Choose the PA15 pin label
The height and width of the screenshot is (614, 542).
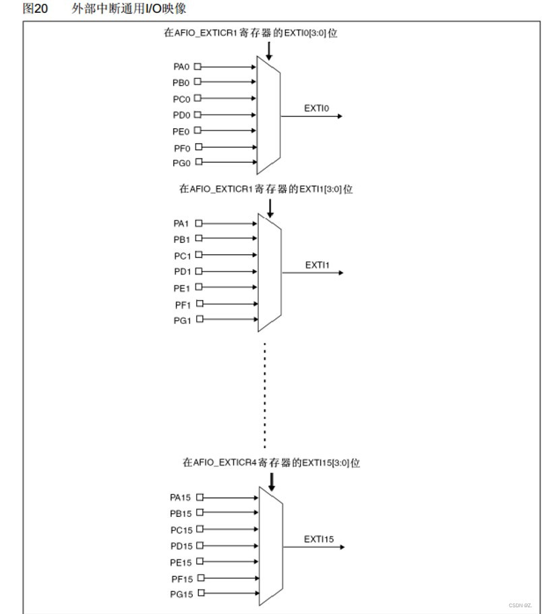(181, 497)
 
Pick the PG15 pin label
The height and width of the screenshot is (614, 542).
(181, 594)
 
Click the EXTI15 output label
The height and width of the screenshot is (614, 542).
(319, 539)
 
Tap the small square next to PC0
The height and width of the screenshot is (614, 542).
(198, 99)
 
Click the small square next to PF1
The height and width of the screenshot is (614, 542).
(199, 304)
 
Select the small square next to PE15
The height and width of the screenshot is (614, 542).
(200, 561)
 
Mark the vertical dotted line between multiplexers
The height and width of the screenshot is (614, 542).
(265, 395)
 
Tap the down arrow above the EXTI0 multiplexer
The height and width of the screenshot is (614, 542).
(269, 51)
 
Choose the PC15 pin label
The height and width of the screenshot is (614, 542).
(181, 530)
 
